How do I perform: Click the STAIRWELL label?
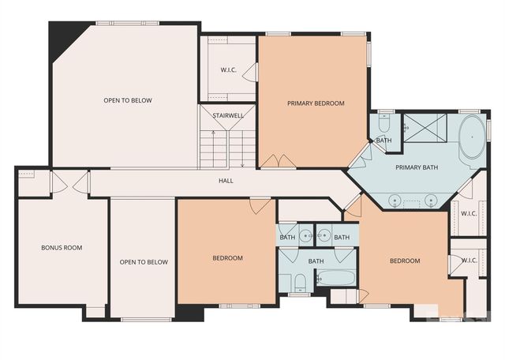[228, 115]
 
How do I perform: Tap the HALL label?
[226, 181]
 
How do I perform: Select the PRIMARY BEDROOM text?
[316, 103]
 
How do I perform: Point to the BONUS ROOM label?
[62, 248]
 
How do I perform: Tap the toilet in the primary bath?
[383, 124]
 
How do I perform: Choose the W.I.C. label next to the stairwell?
[229, 70]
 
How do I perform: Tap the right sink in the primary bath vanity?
[431, 199]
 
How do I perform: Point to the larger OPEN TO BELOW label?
[128, 100]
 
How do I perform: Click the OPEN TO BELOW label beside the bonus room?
[144, 262]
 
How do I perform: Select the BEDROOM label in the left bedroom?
[227, 258]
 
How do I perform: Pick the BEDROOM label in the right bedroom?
[405, 261]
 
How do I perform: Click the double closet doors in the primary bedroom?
[278, 161]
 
